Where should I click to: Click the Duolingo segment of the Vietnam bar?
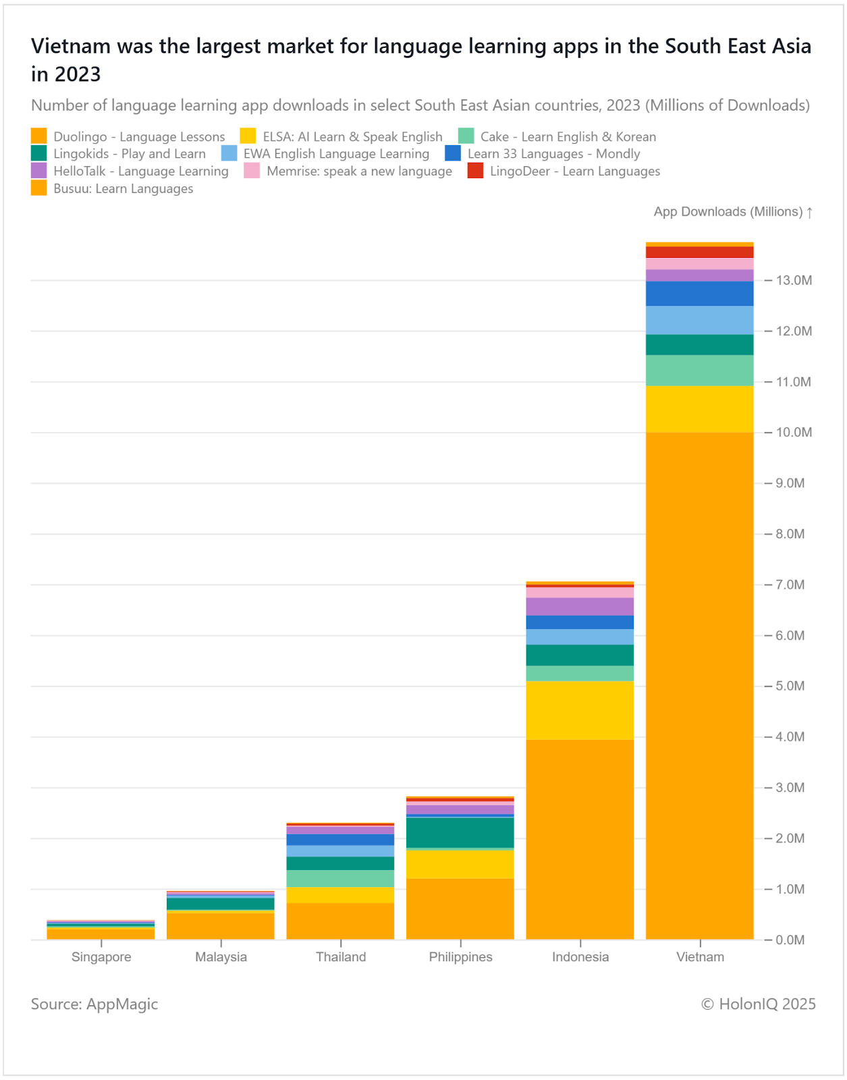699,685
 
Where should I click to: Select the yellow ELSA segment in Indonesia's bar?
580,710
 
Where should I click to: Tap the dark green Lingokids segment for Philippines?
460,832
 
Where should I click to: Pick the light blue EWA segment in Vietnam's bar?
699,320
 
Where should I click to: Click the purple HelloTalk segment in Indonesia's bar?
580,606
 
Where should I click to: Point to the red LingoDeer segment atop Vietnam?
699,252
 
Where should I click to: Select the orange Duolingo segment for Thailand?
340,921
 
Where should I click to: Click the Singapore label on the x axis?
101,957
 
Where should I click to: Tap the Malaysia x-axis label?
221,957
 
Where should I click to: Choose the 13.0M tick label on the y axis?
794,280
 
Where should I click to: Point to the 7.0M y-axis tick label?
790,585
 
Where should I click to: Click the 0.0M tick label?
790,940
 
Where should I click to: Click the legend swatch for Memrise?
252,171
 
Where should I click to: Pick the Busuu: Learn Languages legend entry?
124,189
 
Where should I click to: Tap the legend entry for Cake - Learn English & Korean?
568,137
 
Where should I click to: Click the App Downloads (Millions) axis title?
728,212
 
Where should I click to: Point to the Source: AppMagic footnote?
94,1004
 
